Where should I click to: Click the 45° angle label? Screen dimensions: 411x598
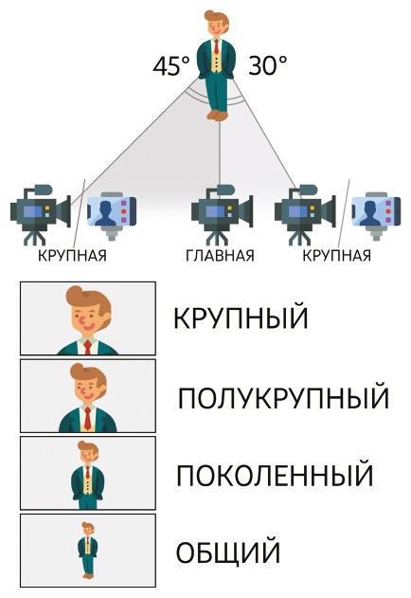tap(171, 65)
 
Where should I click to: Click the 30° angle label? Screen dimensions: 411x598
tap(268, 65)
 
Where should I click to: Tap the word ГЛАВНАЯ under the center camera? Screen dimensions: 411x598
tap(220, 256)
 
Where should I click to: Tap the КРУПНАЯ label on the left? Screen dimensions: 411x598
tap(72, 256)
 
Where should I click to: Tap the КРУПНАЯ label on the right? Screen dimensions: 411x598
tap(336, 256)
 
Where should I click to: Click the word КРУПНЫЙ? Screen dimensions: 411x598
tap(241, 317)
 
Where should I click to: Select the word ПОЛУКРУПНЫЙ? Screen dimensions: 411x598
tap(284, 397)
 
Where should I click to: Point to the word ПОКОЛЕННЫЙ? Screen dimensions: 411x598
tap(275, 475)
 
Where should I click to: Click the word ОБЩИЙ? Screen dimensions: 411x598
tap(228, 552)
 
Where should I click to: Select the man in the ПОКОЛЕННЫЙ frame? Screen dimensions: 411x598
tap(88, 475)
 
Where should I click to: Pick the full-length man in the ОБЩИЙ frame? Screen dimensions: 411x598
tap(88, 550)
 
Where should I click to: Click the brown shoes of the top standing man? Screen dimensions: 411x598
tap(218, 116)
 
